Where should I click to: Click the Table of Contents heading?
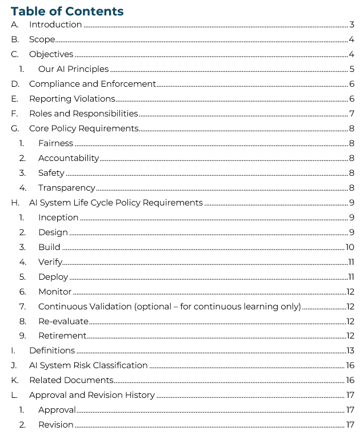pos(67,11)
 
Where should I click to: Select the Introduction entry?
pos(55,25)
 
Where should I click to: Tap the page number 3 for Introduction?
pos(352,25)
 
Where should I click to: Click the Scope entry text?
pos(42,39)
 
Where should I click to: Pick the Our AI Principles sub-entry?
pos(73,69)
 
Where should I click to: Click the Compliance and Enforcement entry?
pos(92,84)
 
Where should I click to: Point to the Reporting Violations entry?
pos(72,99)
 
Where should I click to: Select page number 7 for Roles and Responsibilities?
pos(352,114)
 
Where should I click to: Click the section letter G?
pos(15,128)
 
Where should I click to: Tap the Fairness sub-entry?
pos(55,143)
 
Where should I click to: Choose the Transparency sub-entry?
pos(66,188)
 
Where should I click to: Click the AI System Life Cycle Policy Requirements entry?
pos(115,203)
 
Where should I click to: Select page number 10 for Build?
pos(350,247)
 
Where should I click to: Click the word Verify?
pos(50,262)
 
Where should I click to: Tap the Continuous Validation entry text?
pos(169,307)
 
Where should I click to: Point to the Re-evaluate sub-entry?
pos(63,321)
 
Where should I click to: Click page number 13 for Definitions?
pos(350,351)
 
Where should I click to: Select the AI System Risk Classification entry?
pos(88,365)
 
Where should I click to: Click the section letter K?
pos(15,380)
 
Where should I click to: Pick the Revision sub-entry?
pos(55,425)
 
